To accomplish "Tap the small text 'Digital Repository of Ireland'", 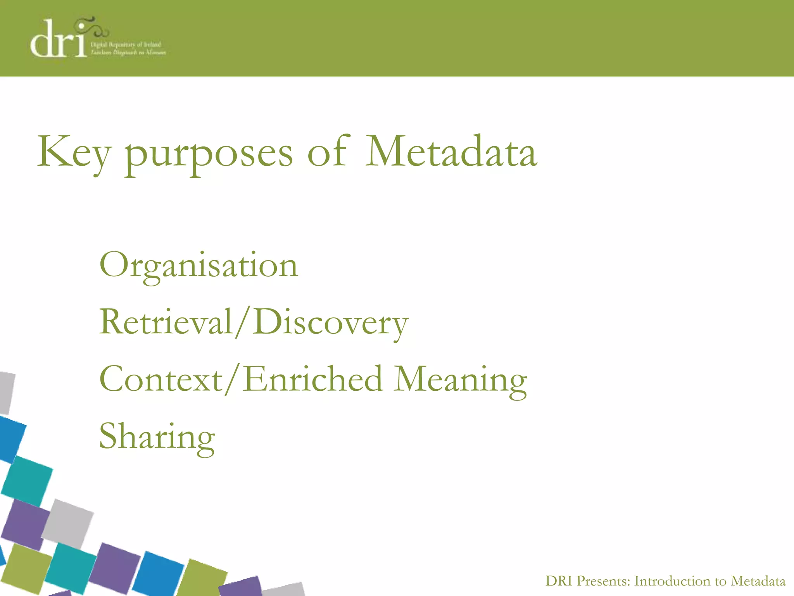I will pos(126,45).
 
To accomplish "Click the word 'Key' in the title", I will pos(74,152).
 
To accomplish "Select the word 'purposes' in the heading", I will pos(209,154).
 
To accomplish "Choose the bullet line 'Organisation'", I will pos(198,265).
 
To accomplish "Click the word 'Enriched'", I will pos(313,379).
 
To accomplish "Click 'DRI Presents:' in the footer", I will pos(588,581).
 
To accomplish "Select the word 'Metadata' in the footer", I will pos(758,581).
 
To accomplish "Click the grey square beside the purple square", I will pos(68,524).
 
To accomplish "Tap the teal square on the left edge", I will pos(27,481).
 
